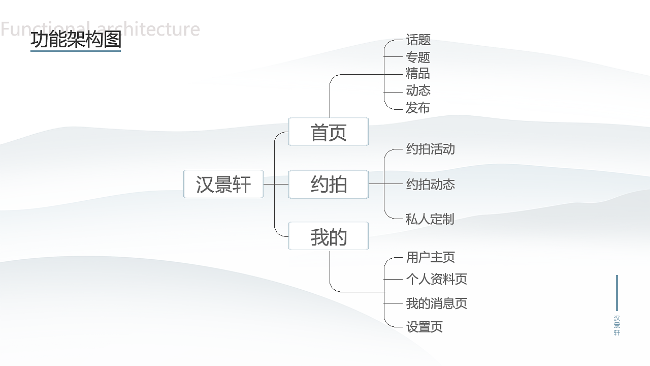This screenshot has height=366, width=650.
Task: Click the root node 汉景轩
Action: pos(223,184)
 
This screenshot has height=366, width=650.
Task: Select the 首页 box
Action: pos(329,132)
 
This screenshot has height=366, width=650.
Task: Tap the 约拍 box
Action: pos(329,184)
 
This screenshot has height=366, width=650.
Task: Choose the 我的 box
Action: pos(329,236)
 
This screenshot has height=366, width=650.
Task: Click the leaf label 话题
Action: pos(418,40)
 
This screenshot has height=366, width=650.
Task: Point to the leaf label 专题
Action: pos(418,57)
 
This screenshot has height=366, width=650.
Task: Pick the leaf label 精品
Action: pos(418,74)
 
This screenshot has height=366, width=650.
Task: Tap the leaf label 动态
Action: pos(418,90)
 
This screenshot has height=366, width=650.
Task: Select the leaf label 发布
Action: pos(418,108)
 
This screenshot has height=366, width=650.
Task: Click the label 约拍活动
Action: pos(430,149)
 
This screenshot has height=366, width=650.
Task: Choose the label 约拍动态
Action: pos(430,184)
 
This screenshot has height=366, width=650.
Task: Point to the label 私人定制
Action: pos(430,219)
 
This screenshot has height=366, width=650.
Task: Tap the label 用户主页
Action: pos(430,257)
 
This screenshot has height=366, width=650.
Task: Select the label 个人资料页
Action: pos(436,279)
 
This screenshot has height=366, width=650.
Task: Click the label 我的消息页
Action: pos(436,303)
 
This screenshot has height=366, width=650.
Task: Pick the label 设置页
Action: pos(424,327)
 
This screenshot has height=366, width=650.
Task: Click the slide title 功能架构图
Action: pos(76,40)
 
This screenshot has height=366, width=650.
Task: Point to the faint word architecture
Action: pos(147,29)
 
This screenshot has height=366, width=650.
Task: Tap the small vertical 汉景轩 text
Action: pos(617,325)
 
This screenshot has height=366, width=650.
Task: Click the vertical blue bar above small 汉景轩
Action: pos(617,293)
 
